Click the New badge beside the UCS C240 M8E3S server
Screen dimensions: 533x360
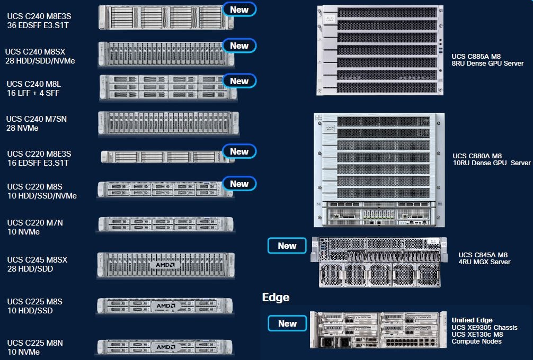pos(239,10)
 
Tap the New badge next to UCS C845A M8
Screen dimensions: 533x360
pos(287,246)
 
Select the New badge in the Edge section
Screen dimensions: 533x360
pos(287,323)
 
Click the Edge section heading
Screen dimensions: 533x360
pos(276,297)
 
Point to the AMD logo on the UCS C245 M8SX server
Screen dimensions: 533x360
pos(165,265)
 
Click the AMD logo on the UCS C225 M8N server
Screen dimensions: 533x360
pos(165,347)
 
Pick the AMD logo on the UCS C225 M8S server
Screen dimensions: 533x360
pos(165,305)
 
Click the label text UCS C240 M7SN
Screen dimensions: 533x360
pos(37,119)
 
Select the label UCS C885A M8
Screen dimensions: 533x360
pos(476,56)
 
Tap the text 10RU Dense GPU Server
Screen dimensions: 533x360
pos(492,163)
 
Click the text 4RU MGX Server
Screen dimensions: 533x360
pos(484,262)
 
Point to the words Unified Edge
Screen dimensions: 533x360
pos(472,320)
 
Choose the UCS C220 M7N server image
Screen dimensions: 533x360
pos(166,224)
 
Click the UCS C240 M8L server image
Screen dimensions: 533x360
pos(168,87)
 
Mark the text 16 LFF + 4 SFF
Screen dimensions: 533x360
pos(33,93)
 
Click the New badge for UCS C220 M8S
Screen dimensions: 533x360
pos(239,184)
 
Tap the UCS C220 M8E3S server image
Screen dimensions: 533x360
pos(167,157)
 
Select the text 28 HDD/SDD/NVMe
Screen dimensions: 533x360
pos(40,61)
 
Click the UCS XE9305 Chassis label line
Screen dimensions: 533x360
pos(484,327)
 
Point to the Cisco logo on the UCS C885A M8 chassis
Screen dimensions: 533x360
pos(330,19)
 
